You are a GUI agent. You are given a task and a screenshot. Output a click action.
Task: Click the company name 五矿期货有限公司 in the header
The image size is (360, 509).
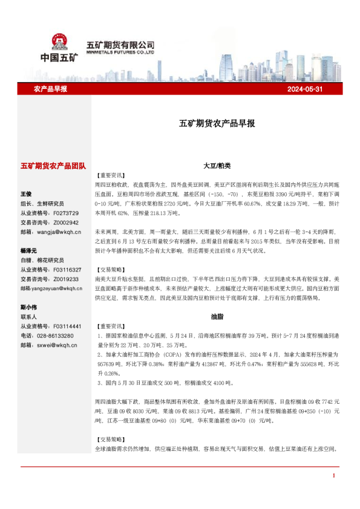tap(120, 45)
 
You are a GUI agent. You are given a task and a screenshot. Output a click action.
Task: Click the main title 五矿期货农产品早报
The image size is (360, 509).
tap(217, 123)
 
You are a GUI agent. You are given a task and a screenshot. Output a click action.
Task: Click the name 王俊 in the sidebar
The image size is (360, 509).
tap(26, 194)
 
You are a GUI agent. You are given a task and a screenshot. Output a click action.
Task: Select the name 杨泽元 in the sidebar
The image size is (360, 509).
tap(28, 250)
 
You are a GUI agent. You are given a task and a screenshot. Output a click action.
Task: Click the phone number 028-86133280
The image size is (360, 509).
tap(56, 336)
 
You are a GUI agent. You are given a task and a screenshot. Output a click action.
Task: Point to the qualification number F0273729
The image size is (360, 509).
tap(66, 213)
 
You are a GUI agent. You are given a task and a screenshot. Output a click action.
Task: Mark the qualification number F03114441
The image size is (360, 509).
tap(67, 326)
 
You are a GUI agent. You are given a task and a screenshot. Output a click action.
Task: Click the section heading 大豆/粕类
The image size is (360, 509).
tap(217, 165)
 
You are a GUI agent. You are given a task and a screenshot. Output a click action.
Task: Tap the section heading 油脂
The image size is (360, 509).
tap(217, 316)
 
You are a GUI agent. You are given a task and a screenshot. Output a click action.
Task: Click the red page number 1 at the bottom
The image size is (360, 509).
tap(333, 476)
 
